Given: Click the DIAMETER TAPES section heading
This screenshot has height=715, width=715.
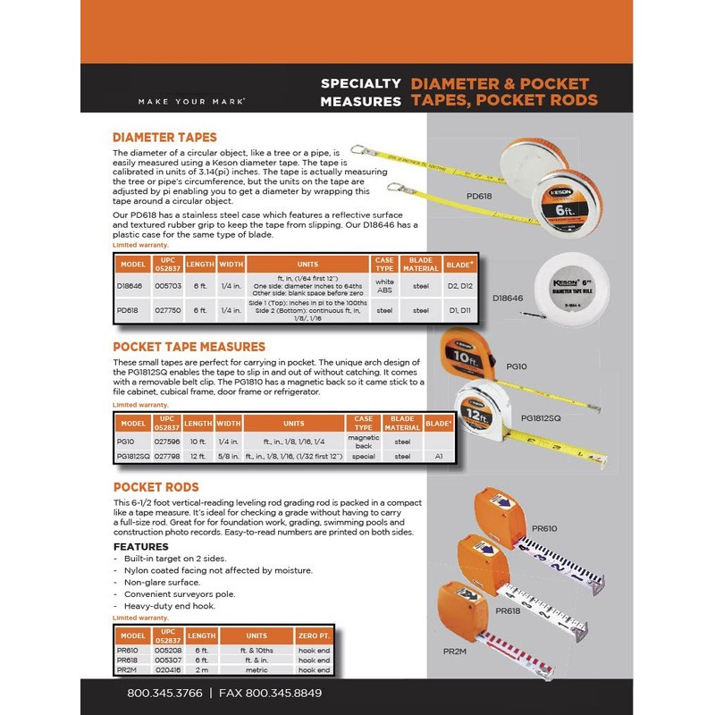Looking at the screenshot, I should (164, 138).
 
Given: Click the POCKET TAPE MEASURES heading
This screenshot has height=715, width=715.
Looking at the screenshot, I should (189, 346).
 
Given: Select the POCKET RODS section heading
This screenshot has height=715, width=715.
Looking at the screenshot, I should (156, 487).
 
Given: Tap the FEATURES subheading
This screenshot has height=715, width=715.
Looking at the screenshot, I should (140, 546).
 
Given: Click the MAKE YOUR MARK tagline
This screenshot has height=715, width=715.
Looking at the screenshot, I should (192, 101).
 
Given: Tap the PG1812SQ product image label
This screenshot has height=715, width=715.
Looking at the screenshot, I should (541, 416).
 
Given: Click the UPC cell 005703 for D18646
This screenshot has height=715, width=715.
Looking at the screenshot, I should (167, 285).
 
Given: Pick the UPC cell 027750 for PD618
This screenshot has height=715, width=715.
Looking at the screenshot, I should (167, 309).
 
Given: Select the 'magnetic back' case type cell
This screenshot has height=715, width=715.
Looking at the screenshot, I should (364, 441).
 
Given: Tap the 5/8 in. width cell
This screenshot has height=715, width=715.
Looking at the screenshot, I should (229, 456).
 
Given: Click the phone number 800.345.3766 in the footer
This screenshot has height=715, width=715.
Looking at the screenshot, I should (165, 693).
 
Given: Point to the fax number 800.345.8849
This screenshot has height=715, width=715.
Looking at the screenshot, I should (272, 693).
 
